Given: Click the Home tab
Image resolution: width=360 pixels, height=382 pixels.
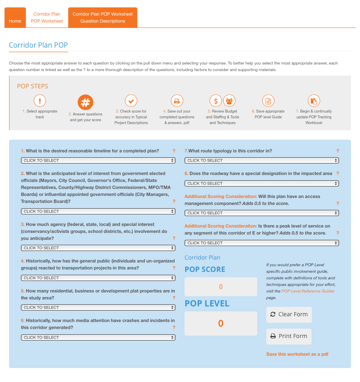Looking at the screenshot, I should pos(15,21).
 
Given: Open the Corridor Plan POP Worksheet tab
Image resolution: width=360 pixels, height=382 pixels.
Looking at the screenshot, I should pos(47,18).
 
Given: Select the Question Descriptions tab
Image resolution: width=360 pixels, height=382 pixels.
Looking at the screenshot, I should pos(103,18).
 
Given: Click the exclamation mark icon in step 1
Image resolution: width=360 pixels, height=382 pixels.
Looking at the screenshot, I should pos(40,101).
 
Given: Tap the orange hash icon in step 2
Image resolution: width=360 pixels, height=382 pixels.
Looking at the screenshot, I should pos(85,102).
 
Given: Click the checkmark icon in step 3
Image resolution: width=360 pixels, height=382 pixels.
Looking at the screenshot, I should pos(131,101).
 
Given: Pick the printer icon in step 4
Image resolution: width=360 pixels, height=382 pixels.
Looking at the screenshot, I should pos(177,101).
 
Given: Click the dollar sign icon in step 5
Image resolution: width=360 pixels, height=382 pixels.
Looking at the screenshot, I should pos(216,101).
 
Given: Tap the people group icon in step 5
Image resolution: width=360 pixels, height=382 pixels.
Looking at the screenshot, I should pos(229,101).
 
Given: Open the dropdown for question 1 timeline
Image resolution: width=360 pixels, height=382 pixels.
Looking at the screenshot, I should pos(98,161).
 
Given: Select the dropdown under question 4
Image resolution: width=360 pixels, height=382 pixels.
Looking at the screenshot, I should pos(98,278).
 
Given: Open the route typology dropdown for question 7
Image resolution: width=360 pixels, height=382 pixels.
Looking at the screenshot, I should pos(262,161).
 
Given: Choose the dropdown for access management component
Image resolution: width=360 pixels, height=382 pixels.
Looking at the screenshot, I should pos(262,213).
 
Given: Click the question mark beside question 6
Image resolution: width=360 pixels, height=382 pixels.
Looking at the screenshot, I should pos(174,328).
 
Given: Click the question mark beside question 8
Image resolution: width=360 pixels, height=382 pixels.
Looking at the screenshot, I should pos(338,174).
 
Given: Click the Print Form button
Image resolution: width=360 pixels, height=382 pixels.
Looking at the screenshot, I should pos(289,336).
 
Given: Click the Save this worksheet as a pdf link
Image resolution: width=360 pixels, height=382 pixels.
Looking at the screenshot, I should pos(297,354).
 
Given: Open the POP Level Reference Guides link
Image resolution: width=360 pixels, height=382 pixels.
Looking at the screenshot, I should pos(308,291).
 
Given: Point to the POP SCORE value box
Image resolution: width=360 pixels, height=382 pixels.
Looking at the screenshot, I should pos(221,287).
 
